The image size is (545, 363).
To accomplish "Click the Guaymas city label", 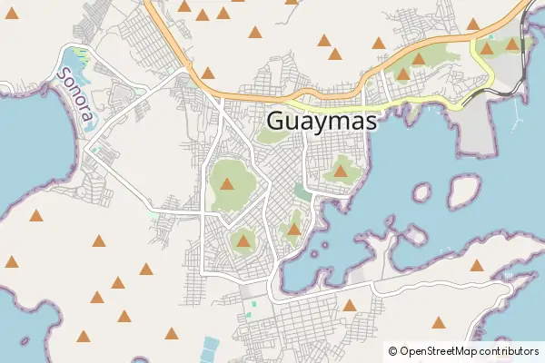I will click(x=322, y=122).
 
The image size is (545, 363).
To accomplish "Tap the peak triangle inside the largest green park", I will click(x=227, y=183).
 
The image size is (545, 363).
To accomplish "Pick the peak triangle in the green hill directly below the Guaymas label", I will click(x=341, y=170).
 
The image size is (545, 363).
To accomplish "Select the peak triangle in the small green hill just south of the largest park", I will click(x=243, y=240).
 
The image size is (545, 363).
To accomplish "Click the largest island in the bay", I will click(x=464, y=189).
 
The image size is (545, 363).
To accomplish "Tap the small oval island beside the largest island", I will click(x=421, y=192).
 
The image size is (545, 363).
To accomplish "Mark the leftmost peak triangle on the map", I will click(x=11, y=262).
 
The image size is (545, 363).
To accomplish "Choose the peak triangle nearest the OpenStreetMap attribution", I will click(x=440, y=322).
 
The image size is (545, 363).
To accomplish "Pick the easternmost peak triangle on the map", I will click(x=512, y=44).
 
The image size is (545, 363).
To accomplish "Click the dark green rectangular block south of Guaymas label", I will click(x=301, y=191).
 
